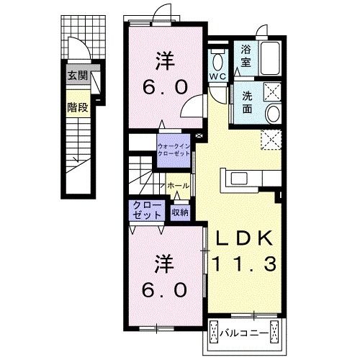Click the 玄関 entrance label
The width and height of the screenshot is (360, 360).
coord(78,76)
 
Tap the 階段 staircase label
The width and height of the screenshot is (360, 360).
coord(78,107)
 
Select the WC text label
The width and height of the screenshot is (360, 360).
coord(217,76)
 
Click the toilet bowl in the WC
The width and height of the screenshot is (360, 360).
coord(217,61)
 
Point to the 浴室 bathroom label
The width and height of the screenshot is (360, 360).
coord(246,56)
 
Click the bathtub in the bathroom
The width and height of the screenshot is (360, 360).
coord(271,58)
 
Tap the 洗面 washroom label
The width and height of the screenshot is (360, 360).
coord(247,102)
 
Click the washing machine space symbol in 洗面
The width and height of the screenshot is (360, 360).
coord(272,91)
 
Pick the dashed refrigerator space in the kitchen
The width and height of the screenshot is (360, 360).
coord(271,140)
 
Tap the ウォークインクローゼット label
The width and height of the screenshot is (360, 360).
coord(174,150)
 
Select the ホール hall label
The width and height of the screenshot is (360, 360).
coord(178,186)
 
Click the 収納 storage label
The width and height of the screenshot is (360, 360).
coord(180,212)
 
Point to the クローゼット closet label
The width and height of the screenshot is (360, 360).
coord(147,210)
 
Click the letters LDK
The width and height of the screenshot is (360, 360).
coord(245,238)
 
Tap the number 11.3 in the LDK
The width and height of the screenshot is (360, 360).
coord(244,264)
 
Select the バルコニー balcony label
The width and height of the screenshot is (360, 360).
coord(244,333)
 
